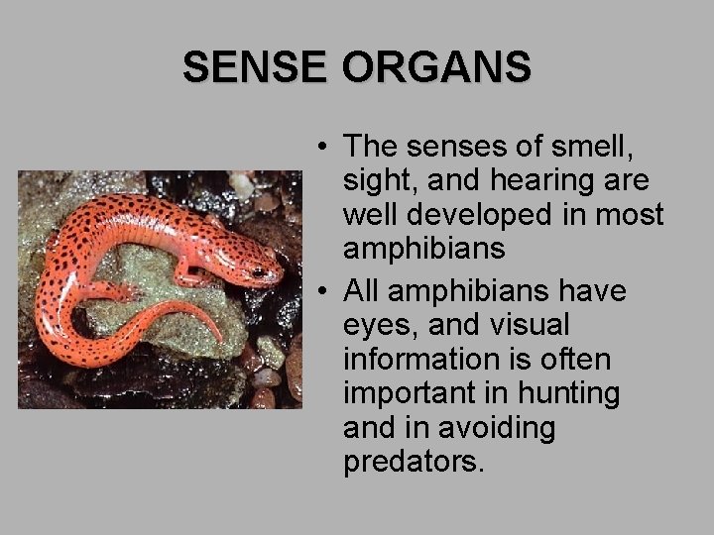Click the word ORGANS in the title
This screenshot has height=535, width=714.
[x=436, y=67]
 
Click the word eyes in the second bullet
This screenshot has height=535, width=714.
[x=379, y=326]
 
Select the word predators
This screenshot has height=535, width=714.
[x=414, y=462]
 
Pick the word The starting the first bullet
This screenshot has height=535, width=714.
[x=371, y=147]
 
